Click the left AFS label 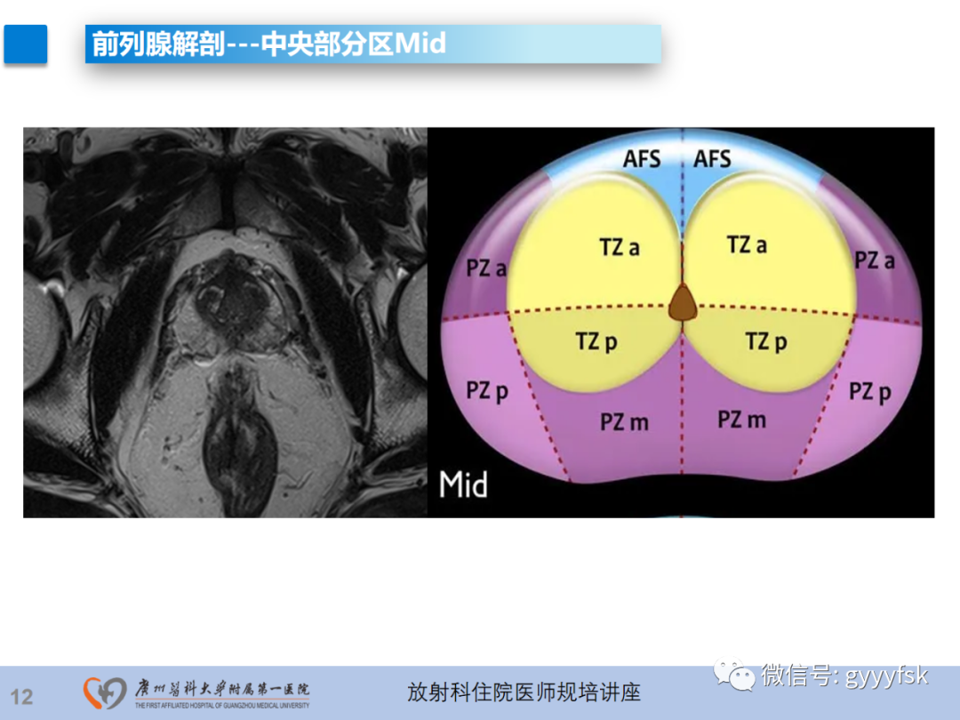(642, 159)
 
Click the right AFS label (712, 159)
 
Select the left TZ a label (619, 246)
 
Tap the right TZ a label (746, 244)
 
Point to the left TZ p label (596, 340)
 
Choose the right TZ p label (766, 340)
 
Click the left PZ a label (486, 267)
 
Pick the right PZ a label (875, 260)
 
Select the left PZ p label (487, 391)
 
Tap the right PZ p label (869, 391)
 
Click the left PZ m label (624, 421)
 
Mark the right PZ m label (741, 419)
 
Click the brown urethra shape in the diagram (683, 303)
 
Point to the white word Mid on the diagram (463, 484)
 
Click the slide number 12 (21, 696)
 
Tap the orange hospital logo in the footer (105, 692)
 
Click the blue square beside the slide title (25, 44)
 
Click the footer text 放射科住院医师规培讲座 (524, 692)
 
